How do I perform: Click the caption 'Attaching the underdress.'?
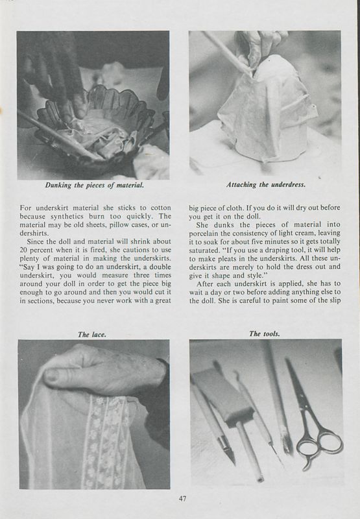tap(265, 185)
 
